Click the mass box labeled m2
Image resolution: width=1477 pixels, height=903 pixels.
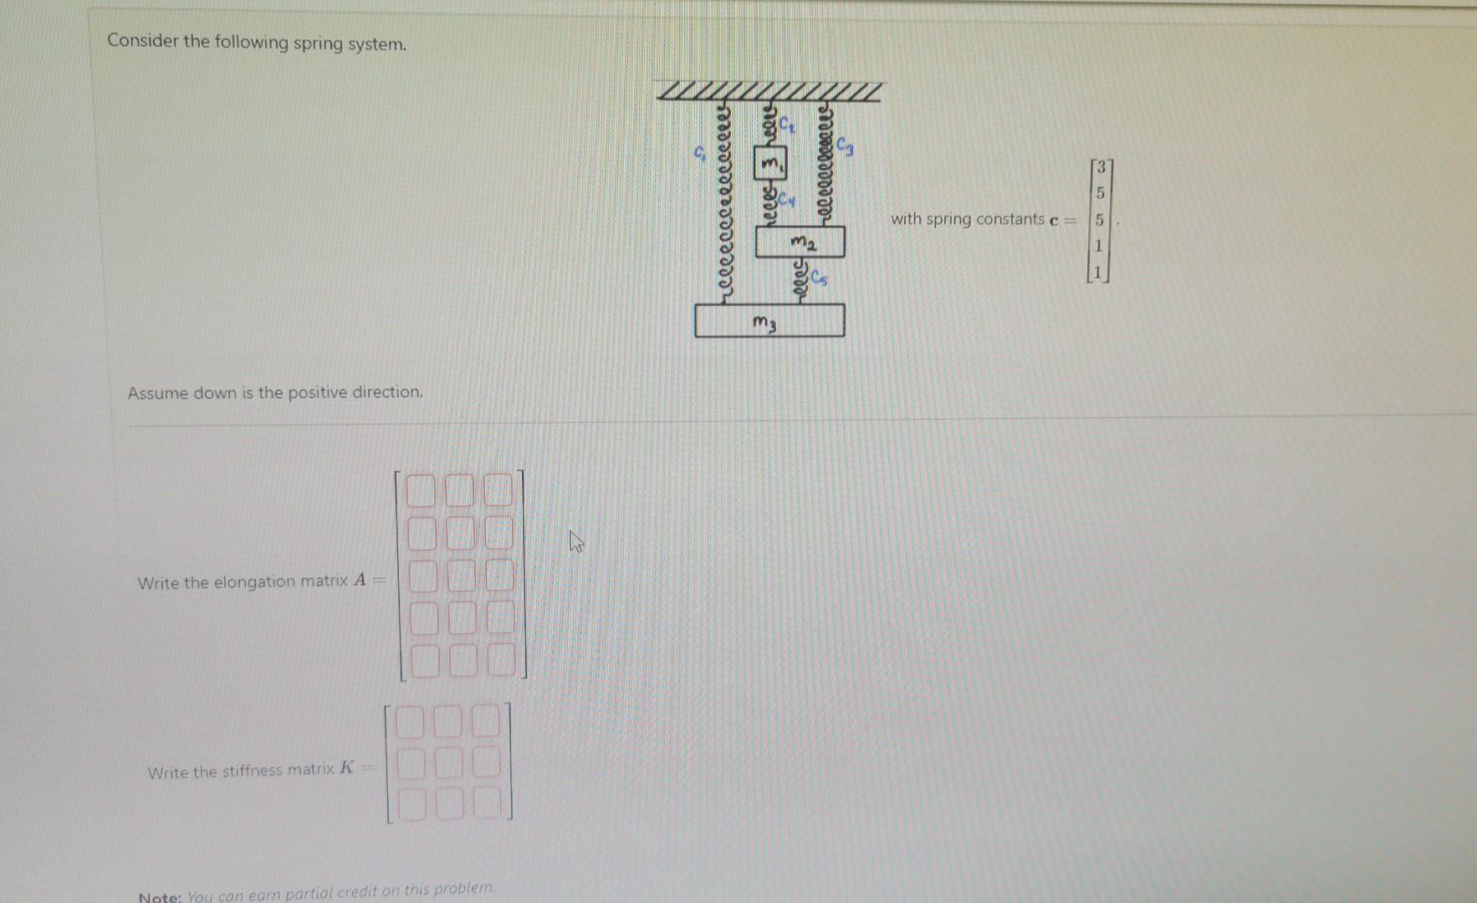(800, 242)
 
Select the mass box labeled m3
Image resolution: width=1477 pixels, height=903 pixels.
(769, 321)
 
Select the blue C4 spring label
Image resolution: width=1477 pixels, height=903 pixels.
(788, 201)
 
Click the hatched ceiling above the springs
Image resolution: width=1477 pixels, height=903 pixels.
(769, 91)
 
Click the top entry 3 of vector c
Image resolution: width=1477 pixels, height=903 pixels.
(1102, 166)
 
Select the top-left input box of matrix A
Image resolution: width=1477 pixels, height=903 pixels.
(421, 491)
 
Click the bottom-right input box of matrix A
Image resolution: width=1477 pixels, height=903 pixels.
(500, 660)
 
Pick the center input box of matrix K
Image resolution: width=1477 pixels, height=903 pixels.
(447, 763)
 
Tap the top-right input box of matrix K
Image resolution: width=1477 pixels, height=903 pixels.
(486, 721)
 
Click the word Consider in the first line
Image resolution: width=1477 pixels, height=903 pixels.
(143, 41)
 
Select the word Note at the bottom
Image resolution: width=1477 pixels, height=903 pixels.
(158, 896)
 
